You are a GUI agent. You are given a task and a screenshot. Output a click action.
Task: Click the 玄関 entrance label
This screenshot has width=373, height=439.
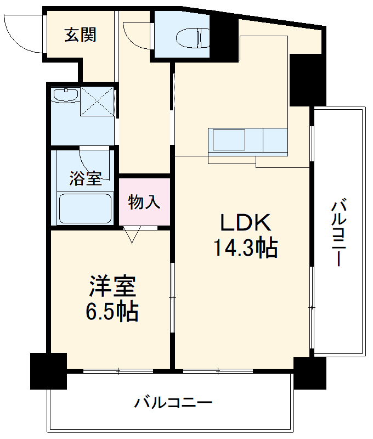pos(81,35)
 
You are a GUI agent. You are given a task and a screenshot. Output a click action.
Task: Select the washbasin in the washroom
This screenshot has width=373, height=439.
pos(65,95)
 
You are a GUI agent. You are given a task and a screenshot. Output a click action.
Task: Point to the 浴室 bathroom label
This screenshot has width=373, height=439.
pos(85,178)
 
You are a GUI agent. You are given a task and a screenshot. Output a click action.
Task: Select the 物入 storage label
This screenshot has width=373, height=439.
pos(144,202)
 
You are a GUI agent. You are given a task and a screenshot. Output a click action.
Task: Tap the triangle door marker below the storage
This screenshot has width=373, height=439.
pos(132,235)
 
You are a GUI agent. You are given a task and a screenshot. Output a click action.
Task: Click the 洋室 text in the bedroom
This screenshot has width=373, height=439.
pos(112,286)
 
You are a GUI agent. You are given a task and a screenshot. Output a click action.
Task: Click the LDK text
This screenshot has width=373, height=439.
pos(245,222)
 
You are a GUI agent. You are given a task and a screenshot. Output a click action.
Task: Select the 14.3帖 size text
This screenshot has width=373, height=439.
pos(245,249)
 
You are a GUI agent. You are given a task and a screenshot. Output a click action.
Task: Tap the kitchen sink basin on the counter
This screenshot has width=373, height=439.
pos(229,140)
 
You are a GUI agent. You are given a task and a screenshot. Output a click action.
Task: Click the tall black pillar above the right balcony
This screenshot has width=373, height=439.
pos(300,80)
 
